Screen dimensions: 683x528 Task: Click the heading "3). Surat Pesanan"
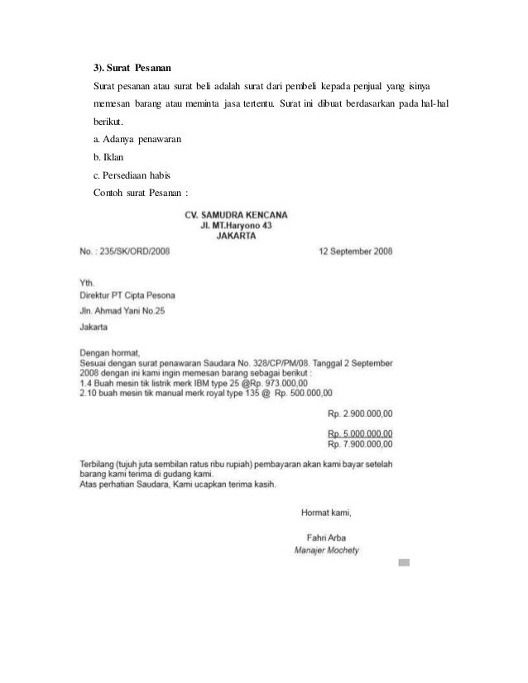click(134, 66)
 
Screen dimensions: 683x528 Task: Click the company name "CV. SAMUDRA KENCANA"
click(236, 213)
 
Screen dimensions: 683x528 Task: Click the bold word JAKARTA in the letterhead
click(236, 234)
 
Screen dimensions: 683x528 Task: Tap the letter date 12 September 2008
click(356, 251)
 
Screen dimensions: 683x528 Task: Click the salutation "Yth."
click(87, 283)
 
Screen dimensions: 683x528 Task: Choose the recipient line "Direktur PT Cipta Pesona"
click(127, 295)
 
